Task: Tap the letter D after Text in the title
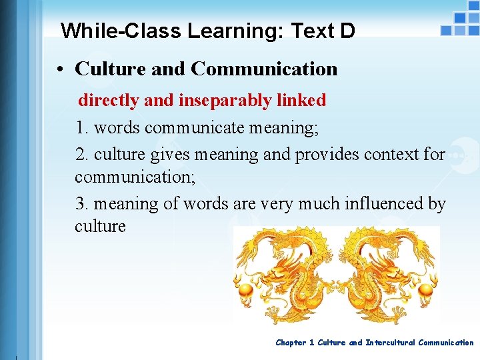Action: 347,31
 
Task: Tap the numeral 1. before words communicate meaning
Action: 83,128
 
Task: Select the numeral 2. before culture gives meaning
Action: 83,155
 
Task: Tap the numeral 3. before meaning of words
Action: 83,204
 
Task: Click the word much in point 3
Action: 317,204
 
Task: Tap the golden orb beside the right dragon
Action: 430,291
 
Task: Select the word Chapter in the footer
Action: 291,343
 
